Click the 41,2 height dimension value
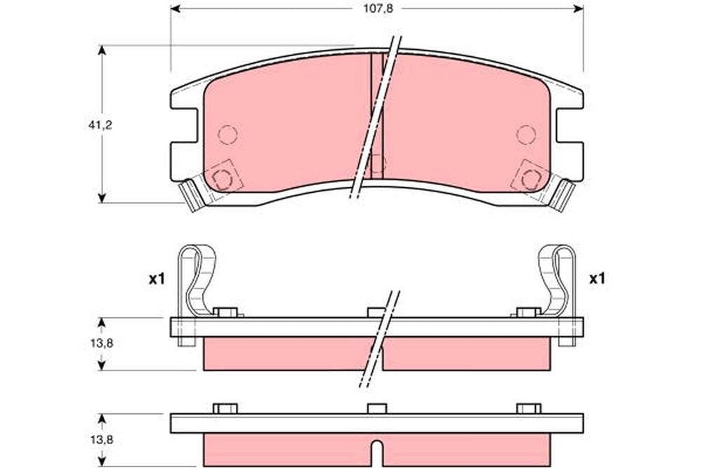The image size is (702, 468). pos(100,126)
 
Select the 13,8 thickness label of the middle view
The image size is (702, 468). pos(101,343)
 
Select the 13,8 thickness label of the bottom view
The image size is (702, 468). pos(101,440)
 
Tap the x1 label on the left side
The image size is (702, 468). pos(157,280)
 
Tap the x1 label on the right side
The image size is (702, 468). pos(597,279)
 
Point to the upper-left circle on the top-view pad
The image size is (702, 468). pos(227,134)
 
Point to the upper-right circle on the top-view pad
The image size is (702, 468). pos(526,134)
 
